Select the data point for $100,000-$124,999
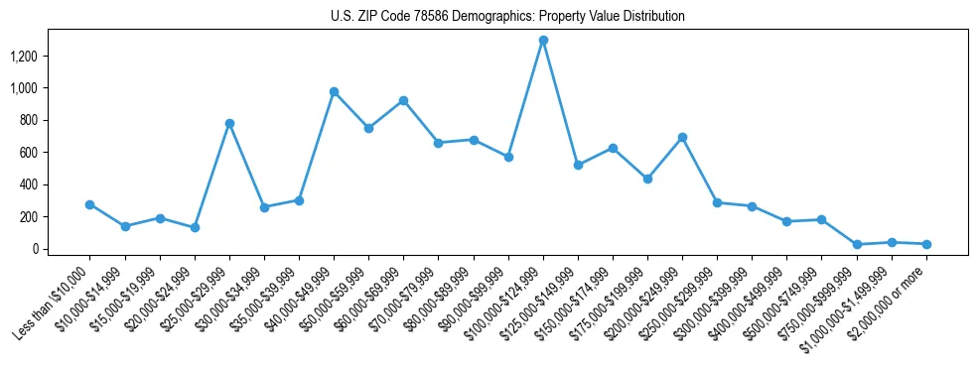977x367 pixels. (x=543, y=41)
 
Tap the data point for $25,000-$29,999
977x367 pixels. (x=229, y=123)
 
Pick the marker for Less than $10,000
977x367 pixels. (x=89, y=204)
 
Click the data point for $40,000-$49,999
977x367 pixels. (x=334, y=91)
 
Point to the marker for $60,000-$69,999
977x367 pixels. (x=403, y=100)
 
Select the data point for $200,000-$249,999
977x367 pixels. (x=682, y=137)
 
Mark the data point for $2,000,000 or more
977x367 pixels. (x=926, y=244)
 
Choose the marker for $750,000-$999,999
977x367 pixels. (x=857, y=244)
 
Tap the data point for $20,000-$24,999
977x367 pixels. (x=195, y=227)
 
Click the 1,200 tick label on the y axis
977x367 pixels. (x=23, y=57)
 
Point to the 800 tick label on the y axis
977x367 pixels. (x=27, y=120)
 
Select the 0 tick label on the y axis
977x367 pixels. (x=34, y=249)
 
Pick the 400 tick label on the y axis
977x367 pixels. (x=27, y=184)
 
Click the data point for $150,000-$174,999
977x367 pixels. (x=613, y=148)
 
